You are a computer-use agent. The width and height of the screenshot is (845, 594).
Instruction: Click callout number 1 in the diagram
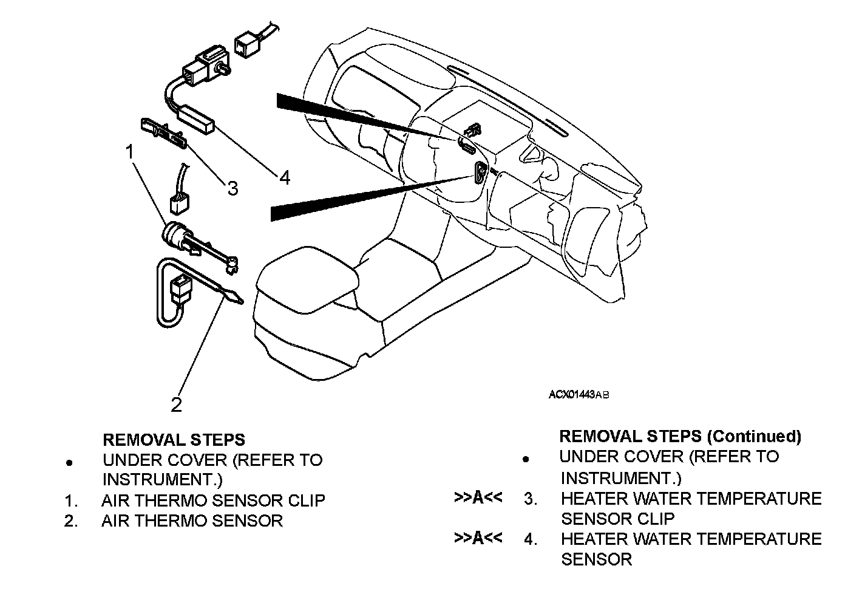coord(130,152)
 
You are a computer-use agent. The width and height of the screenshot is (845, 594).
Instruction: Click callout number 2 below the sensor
coord(177,405)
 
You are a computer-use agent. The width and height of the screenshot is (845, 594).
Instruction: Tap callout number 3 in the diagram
coord(233,188)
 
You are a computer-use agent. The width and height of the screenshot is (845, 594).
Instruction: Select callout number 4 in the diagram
coord(285,177)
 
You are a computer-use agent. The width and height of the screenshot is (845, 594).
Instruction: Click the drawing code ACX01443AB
coord(579,395)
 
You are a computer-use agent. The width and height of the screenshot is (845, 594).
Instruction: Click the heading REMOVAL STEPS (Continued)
coord(680,436)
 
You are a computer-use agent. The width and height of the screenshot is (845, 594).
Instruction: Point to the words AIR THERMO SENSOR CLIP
coord(213,500)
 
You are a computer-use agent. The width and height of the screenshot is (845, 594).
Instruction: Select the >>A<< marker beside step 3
coord(478,497)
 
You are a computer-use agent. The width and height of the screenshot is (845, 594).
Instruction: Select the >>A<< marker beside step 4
coord(478,538)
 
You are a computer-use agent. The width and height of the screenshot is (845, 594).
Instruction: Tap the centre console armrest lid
coord(307,279)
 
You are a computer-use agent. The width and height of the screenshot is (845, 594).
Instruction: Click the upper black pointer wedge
coord(362,117)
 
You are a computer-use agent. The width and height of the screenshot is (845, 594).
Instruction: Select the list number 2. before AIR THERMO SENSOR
coord(71,521)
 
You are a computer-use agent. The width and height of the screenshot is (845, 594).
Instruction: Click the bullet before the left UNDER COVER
coord(69,463)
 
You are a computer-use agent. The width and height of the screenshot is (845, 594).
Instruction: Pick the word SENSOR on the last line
coord(596,559)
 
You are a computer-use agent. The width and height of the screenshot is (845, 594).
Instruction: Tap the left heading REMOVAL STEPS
coord(174,440)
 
